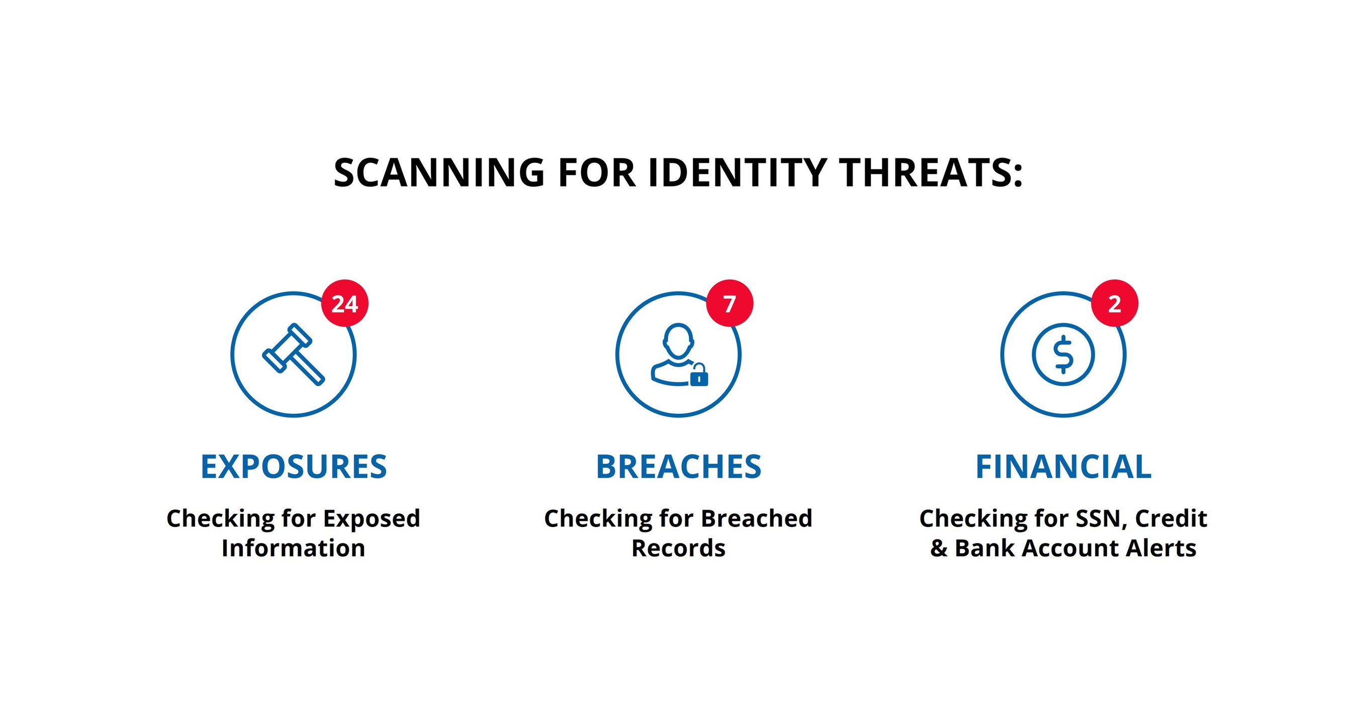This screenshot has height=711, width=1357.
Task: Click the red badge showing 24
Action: point(344,303)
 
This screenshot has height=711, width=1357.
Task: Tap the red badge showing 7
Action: point(729,303)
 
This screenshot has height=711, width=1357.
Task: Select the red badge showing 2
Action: point(1114,303)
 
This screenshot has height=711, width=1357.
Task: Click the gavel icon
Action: point(294,354)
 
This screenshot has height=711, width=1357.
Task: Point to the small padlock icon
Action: point(698,376)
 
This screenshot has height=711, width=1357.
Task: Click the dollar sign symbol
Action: point(1063,354)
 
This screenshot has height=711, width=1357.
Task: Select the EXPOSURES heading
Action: point(294,467)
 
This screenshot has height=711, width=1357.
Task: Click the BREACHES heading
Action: point(679,467)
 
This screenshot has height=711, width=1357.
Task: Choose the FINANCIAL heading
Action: point(1063,467)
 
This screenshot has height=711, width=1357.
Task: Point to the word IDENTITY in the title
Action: point(737,173)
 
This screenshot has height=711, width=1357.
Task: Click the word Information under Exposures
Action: point(294,548)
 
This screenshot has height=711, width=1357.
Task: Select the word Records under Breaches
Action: point(679,548)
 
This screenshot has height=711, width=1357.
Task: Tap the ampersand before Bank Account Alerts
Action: point(939,548)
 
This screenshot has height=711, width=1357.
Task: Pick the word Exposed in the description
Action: point(372,519)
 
